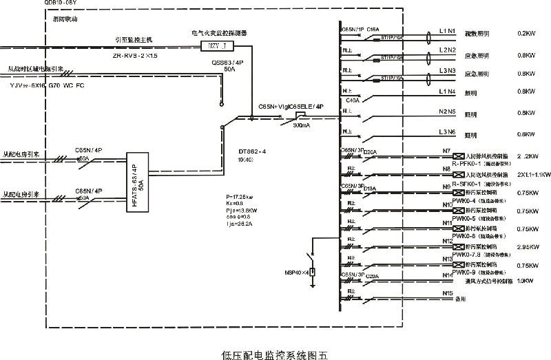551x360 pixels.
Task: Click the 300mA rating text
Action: (x=301, y=126)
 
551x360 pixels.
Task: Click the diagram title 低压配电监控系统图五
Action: (x=275, y=355)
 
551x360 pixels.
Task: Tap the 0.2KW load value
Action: (x=526, y=32)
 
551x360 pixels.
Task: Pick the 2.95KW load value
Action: (x=527, y=246)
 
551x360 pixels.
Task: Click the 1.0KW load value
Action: (x=526, y=281)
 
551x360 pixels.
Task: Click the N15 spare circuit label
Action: (x=448, y=293)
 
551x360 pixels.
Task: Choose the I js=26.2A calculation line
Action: (x=240, y=223)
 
